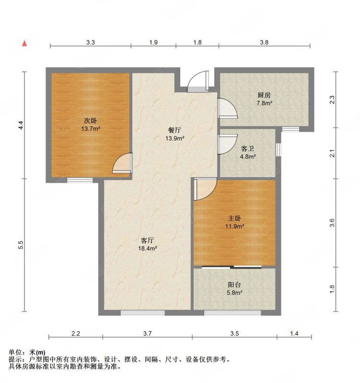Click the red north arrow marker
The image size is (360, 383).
coord(24,44)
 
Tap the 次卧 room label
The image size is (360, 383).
coord(91,121)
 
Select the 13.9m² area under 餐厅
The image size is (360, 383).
coord(174,138)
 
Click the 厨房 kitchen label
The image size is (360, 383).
coord(264,95)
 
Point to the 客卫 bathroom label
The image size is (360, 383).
coord(248,148)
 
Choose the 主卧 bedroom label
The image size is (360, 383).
coord(234,218)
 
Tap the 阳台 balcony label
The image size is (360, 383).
coord(234,284)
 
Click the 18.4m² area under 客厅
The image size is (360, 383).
coord(148,248)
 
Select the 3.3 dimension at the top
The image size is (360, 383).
coord(90,42)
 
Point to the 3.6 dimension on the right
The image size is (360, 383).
coord(332,223)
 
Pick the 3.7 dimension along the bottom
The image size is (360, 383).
coord(148,333)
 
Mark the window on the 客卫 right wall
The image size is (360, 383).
coord(279,149)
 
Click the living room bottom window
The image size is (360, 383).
coord(142,313)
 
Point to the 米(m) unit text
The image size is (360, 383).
coord(37,352)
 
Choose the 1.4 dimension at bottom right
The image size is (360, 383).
coord(294,333)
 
